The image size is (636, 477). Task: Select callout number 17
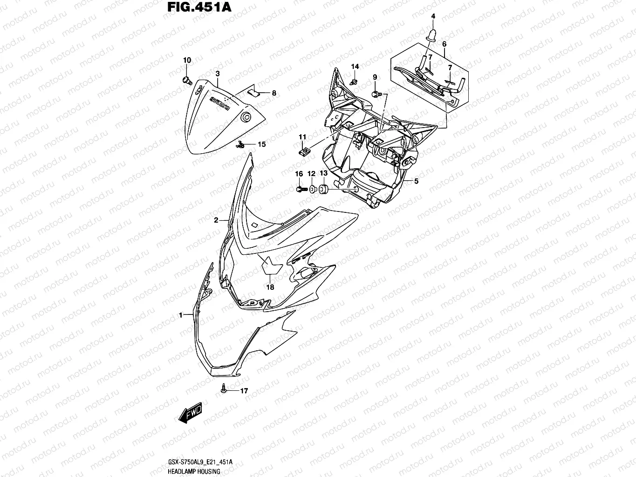click(x=244, y=391)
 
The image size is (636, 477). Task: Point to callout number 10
click(x=187, y=60)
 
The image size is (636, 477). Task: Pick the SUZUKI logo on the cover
click(x=220, y=103)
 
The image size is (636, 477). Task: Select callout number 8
click(x=274, y=93)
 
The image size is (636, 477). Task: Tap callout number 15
click(x=262, y=144)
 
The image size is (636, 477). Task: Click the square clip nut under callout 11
click(x=303, y=152)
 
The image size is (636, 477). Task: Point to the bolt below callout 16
click(x=300, y=189)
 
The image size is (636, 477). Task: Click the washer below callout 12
click(x=312, y=189)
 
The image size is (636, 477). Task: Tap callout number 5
click(x=416, y=182)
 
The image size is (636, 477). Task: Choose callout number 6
click(x=444, y=44)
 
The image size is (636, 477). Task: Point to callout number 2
click(x=216, y=220)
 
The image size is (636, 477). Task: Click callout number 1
click(x=180, y=315)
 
